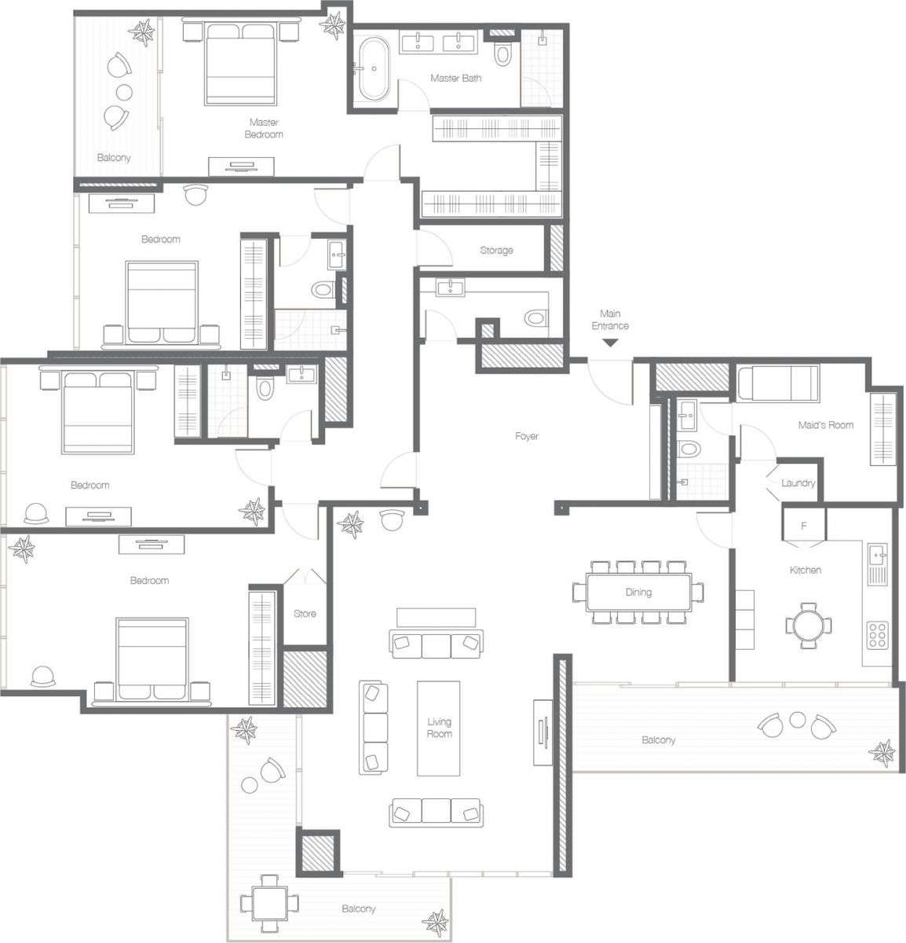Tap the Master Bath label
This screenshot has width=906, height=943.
(455, 79)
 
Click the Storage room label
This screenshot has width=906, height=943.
(496, 250)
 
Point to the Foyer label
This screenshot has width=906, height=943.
(526, 436)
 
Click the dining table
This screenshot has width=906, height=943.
(637, 592)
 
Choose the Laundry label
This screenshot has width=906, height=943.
(798, 483)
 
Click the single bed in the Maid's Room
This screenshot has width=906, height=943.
(778, 383)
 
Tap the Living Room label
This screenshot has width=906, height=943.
(439, 728)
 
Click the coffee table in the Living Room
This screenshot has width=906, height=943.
(439, 727)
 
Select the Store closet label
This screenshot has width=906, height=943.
(305, 613)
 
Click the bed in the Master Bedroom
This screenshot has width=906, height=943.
(241, 64)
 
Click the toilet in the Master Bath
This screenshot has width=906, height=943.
(503, 53)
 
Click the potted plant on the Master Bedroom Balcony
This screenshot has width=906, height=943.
(143, 32)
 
